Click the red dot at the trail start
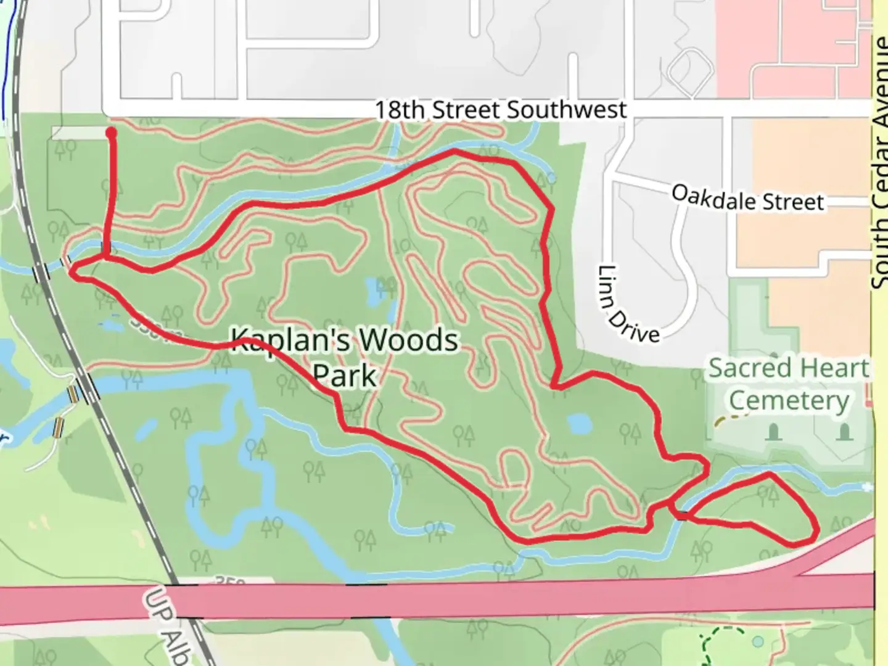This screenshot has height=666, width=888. (112, 132)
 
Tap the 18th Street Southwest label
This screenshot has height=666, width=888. (501, 110)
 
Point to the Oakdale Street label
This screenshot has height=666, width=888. (747, 199)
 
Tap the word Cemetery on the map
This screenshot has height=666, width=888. (789, 401)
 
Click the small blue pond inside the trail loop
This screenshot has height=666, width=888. (580, 424)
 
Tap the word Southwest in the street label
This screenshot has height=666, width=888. (566, 110)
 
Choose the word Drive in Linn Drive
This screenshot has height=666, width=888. (638, 326)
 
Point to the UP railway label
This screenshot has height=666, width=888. (154, 604)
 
